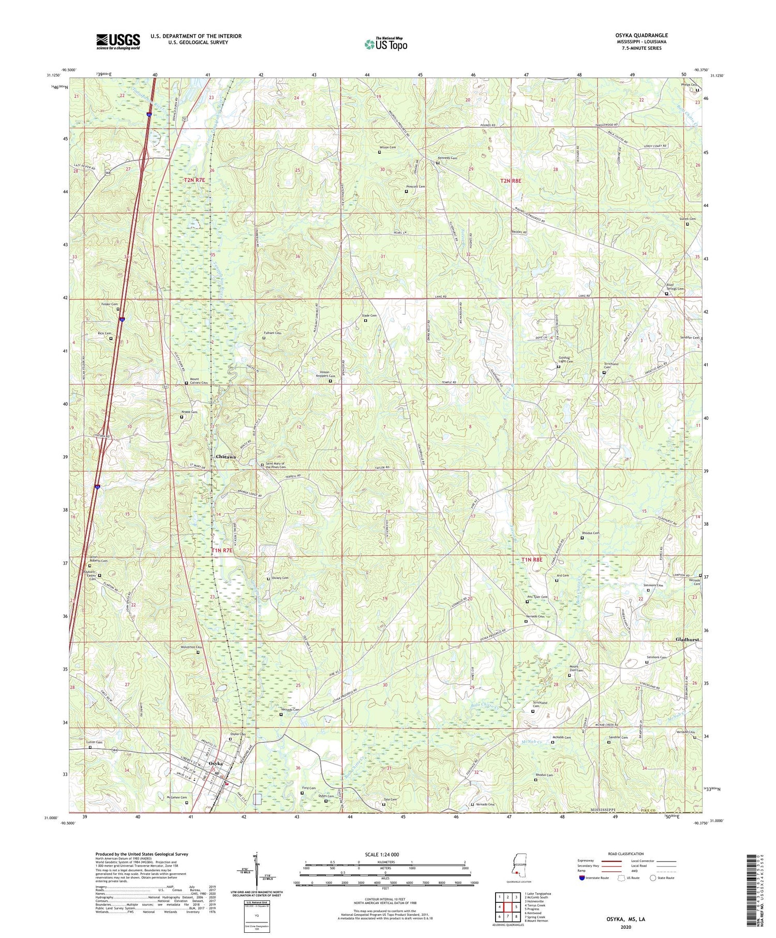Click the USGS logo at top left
click(118, 41)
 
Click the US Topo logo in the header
click(385, 44)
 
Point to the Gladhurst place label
click(687, 639)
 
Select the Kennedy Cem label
click(447, 158)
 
